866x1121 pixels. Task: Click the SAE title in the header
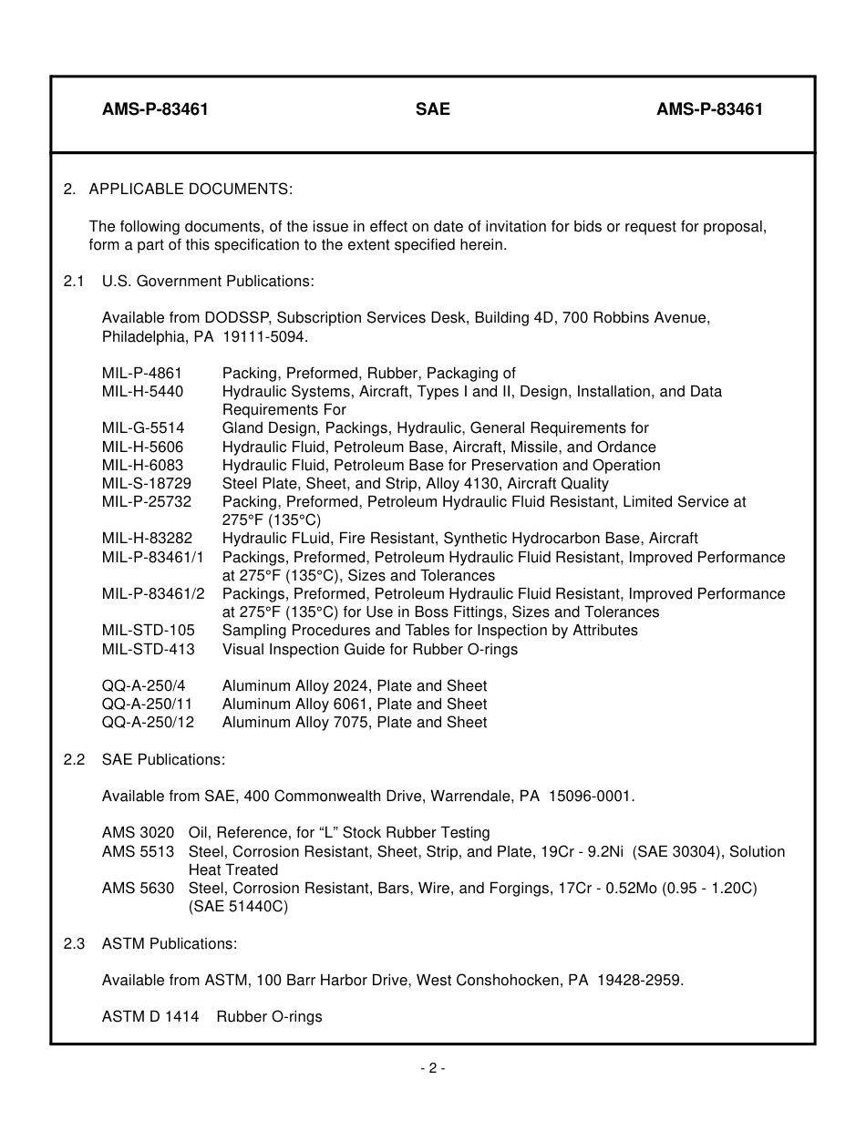(x=432, y=109)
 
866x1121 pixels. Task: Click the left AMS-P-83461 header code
(x=155, y=109)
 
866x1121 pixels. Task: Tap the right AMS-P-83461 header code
(x=709, y=109)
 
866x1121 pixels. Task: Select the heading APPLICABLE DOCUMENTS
(x=191, y=190)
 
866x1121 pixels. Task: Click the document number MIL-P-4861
(x=142, y=373)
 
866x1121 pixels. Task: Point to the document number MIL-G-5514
(x=143, y=428)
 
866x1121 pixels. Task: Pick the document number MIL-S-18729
(x=147, y=483)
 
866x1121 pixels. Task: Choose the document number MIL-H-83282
(x=147, y=539)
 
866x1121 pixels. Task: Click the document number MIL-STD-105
(x=148, y=631)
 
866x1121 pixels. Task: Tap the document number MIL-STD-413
(x=148, y=649)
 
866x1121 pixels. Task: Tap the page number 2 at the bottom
(x=432, y=1068)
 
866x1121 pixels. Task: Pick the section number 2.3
(x=74, y=943)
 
